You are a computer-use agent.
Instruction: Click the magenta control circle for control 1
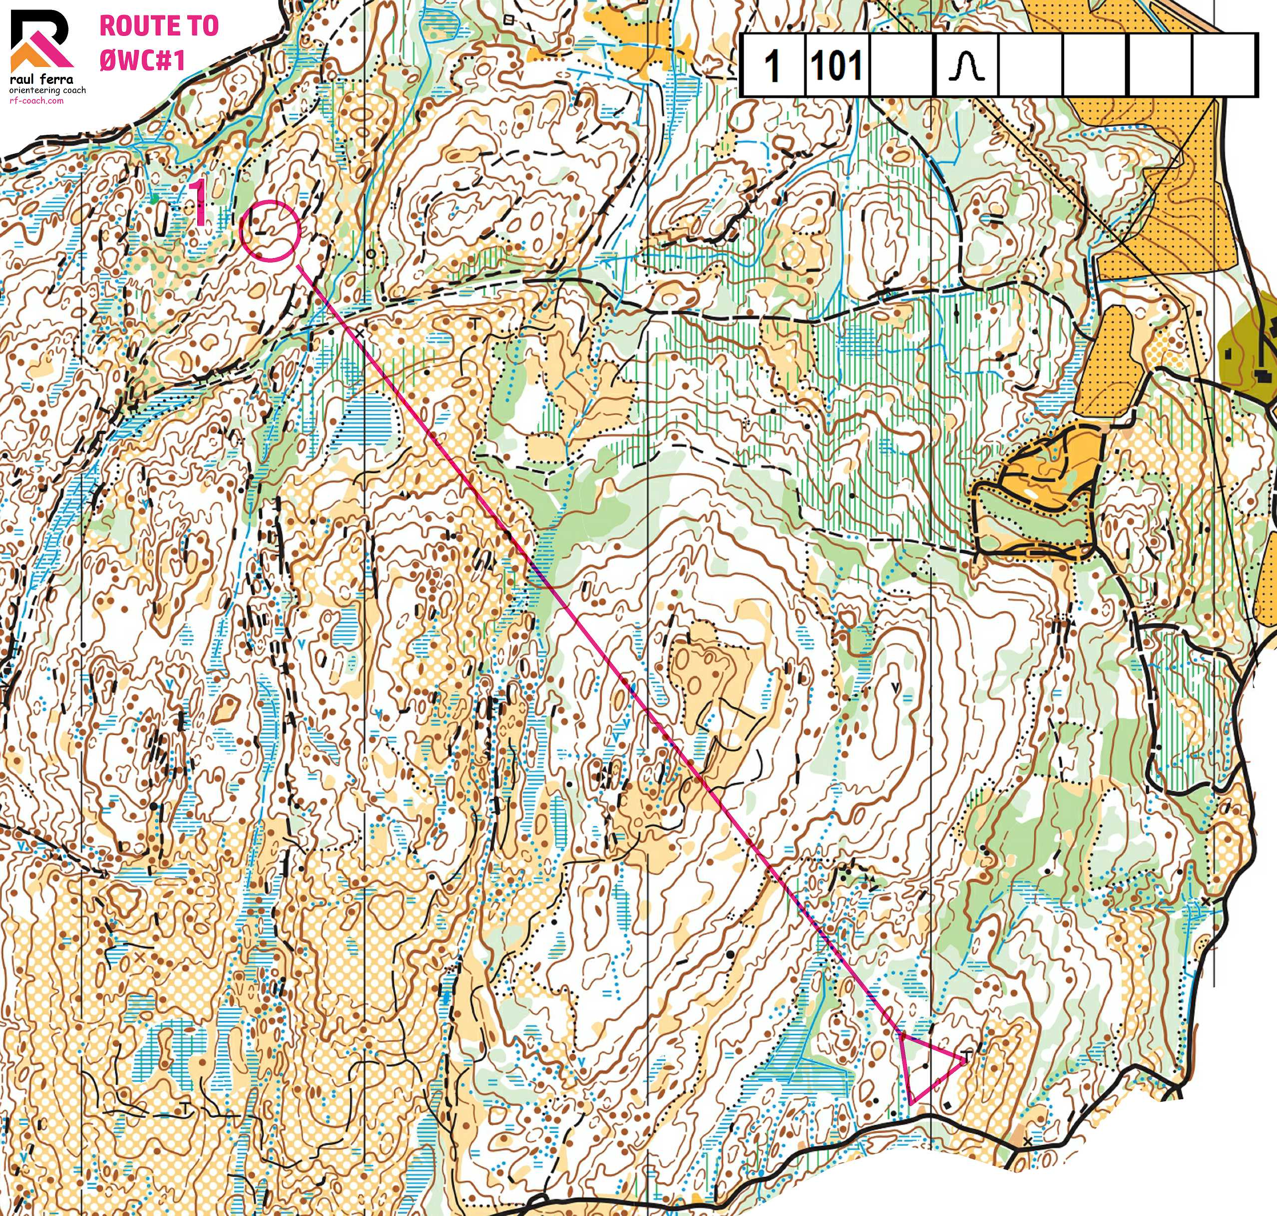pyautogui.click(x=271, y=231)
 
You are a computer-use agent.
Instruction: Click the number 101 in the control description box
pyautogui.click(x=837, y=65)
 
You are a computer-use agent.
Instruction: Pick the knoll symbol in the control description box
pyautogui.click(x=966, y=66)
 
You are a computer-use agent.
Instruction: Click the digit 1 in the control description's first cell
pyautogui.click(x=772, y=65)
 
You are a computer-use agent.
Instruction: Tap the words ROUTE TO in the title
pyautogui.click(x=159, y=26)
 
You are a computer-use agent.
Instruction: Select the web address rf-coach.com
pyautogui.click(x=36, y=100)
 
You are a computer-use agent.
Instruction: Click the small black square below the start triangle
pyautogui.click(x=949, y=1105)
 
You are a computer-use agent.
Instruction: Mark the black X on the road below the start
pyautogui.click(x=1028, y=1141)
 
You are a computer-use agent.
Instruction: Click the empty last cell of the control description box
pyautogui.click(x=1225, y=65)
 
